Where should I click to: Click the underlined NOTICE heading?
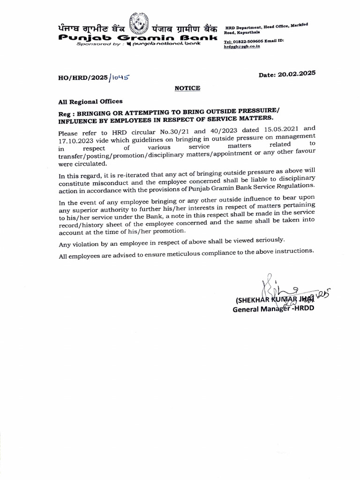(187, 88)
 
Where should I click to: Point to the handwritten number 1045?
(119, 77)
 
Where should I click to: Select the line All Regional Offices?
(90, 101)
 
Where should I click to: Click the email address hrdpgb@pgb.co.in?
(242, 47)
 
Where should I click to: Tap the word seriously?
(267, 240)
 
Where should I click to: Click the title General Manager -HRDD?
(273, 309)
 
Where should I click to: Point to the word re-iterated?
(128, 175)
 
